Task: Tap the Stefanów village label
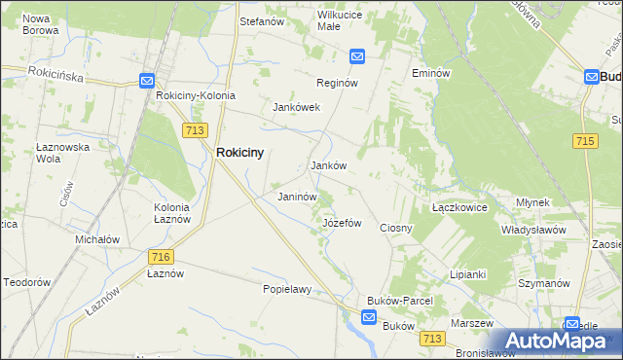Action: (x=261, y=18)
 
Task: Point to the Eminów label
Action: (x=430, y=73)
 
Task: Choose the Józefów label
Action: (x=342, y=223)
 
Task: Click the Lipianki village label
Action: (x=467, y=274)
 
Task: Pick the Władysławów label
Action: (x=533, y=230)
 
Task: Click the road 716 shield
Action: (x=162, y=256)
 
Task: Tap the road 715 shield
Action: (x=585, y=142)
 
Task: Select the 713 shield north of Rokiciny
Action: (x=193, y=128)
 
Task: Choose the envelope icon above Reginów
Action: (x=357, y=57)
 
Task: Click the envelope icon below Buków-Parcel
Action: (x=369, y=317)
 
